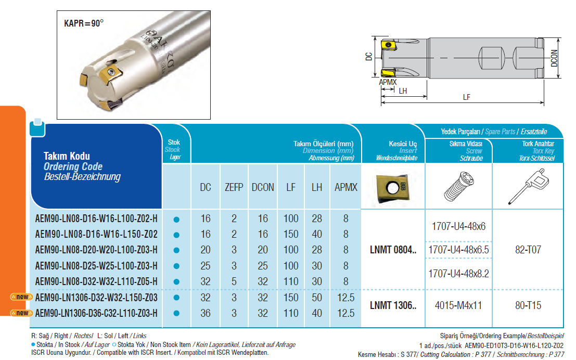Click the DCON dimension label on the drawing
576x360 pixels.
(555, 58)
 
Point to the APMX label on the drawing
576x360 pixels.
(387, 82)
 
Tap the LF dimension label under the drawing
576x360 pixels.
(467, 97)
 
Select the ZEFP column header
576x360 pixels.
(234, 187)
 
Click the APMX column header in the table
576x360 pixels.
(346, 187)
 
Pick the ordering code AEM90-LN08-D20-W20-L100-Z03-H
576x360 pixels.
(96, 250)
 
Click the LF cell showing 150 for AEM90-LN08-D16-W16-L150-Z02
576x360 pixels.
(291, 235)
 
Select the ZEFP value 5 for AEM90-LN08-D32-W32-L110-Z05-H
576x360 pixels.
(234, 281)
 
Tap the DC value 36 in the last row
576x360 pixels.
(206, 313)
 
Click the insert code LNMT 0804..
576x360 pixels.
(393, 250)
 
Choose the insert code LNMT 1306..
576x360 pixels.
(393, 305)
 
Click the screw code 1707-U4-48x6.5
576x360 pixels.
(459, 250)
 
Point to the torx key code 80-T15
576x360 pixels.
(528, 305)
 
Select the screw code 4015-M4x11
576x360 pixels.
(459, 305)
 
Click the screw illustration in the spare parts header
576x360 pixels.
(458, 186)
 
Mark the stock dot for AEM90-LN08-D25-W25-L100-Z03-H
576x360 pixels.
(176, 266)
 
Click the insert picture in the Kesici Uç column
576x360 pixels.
(393, 187)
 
